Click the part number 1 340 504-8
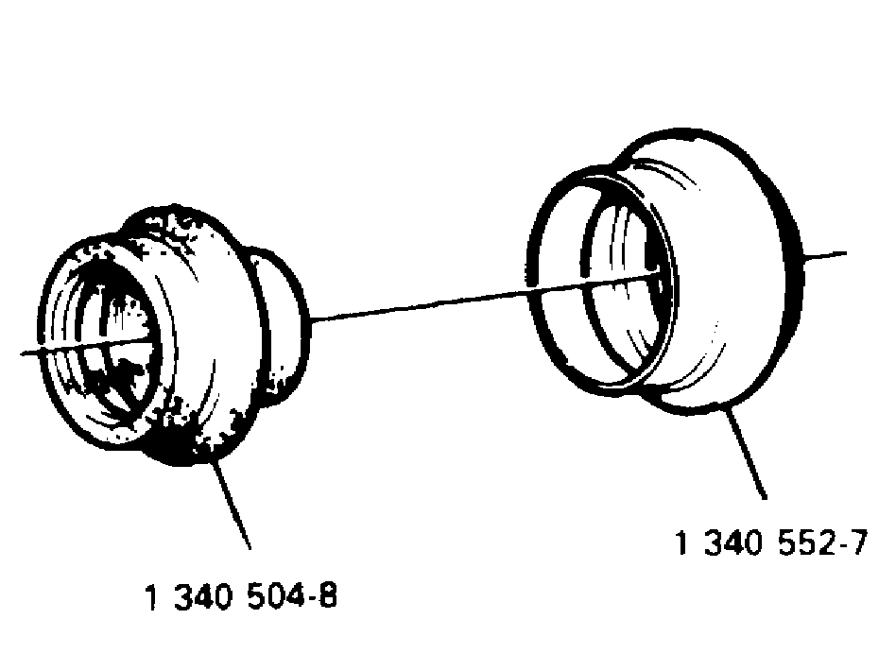(x=242, y=596)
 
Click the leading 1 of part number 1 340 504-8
(x=152, y=596)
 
